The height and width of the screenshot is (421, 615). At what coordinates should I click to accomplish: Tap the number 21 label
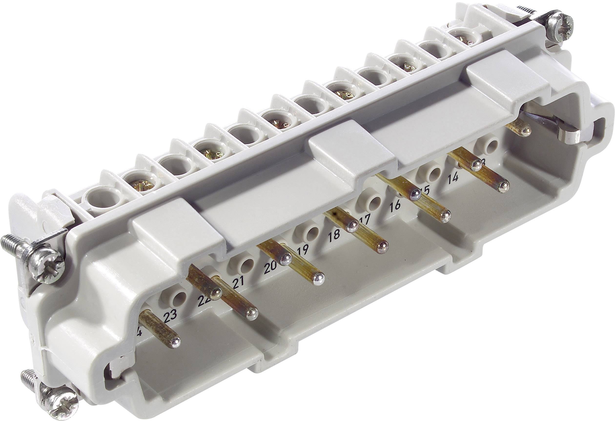click(238, 285)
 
